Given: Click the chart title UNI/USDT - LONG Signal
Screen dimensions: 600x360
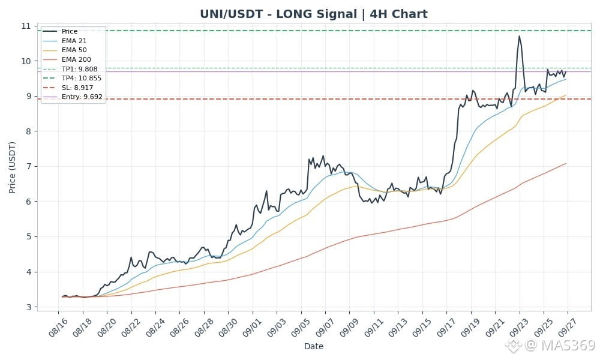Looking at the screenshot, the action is tap(278, 14).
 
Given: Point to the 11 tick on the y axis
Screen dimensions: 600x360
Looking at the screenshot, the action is tap(26, 26).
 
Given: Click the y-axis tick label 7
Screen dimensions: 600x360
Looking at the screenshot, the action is tap(29, 166).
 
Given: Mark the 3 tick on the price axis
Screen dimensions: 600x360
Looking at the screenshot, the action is tap(29, 307).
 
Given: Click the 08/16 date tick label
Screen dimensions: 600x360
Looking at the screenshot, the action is tap(58, 328).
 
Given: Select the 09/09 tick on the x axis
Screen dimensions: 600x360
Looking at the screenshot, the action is tap(349, 328).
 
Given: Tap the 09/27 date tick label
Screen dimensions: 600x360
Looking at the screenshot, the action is tap(567, 328).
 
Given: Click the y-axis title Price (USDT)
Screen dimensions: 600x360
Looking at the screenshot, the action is tap(12, 167).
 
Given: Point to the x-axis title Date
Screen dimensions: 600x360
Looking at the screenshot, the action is tap(314, 347).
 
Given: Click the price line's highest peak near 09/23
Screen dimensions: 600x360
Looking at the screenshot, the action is tap(519, 36).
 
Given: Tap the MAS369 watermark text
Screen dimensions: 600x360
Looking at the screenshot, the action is tap(568, 345).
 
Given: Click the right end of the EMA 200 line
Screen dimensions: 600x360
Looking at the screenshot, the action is tap(566, 164).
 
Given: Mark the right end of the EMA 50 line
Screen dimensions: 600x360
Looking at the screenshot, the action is tap(566, 95).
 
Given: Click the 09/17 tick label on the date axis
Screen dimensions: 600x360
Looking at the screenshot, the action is tap(446, 328).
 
